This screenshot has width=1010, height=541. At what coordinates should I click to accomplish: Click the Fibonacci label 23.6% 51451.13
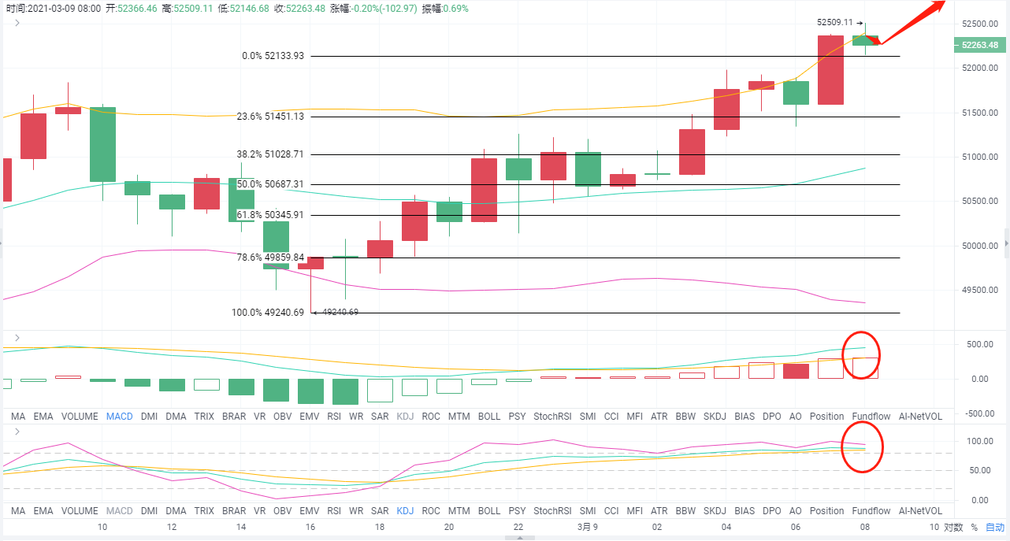pyautogui.click(x=270, y=116)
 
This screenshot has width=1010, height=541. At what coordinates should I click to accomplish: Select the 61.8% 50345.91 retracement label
pyautogui.click(x=270, y=214)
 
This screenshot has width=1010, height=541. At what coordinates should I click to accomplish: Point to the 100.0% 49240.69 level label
pyautogui.click(x=268, y=313)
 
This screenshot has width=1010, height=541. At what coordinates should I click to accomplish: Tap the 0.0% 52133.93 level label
pyautogui.click(x=273, y=56)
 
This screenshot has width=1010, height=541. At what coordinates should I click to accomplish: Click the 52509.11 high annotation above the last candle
pyautogui.click(x=834, y=23)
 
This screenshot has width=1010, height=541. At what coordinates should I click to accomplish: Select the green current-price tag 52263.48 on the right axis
pyautogui.click(x=982, y=46)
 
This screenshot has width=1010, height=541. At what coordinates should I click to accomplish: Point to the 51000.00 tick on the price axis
pyautogui.click(x=980, y=157)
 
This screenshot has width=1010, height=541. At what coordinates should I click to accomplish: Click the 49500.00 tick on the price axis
pyautogui.click(x=980, y=291)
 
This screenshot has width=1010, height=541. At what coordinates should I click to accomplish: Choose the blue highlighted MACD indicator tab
pyautogui.click(x=120, y=416)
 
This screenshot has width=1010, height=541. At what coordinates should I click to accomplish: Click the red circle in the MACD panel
pyautogui.click(x=861, y=355)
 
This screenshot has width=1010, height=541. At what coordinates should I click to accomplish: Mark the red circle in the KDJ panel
pyautogui.click(x=863, y=447)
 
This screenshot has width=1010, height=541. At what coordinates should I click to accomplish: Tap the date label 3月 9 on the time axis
pyautogui.click(x=588, y=527)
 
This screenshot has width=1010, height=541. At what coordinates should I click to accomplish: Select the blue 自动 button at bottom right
pyautogui.click(x=995, y=527)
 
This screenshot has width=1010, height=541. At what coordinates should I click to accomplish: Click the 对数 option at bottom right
pyautogui.click(x=953, y=527)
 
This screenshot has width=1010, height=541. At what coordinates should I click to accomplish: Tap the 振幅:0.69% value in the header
pyautogui.click(x=445, y=9)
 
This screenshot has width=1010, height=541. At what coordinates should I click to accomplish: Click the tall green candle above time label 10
pyautogui.click(x=102, y=144)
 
